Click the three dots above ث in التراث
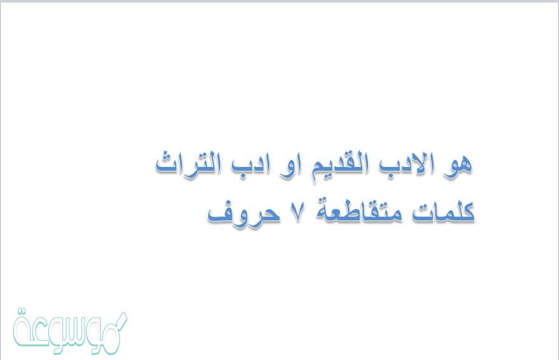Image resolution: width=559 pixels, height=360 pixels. pos(167,154)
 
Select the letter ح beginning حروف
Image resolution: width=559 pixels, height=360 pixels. pos(271,214)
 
